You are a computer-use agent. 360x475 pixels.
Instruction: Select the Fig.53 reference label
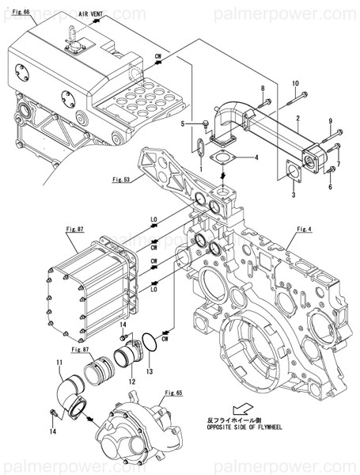[x=113, y=179]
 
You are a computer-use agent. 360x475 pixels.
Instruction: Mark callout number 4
[x=256, y=157]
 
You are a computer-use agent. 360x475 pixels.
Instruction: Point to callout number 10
[x=295, y=83]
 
